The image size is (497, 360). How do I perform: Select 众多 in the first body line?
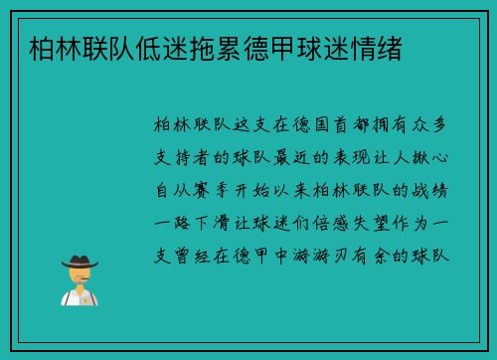433,126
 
